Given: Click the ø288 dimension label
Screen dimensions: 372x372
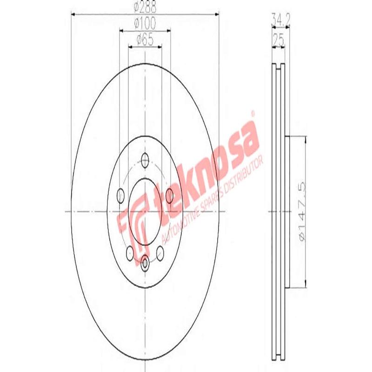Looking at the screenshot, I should (x=145, y=7).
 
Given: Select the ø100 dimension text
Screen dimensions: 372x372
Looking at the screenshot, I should (x=145, y=22).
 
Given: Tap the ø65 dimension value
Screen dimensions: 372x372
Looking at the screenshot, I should (x=145, y=40).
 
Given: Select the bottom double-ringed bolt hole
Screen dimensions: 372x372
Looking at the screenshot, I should (x=145, y=263).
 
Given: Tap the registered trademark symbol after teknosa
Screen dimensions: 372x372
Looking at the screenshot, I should (x=253, y=113).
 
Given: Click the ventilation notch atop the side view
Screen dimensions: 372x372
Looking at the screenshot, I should (x=280, y=66).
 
